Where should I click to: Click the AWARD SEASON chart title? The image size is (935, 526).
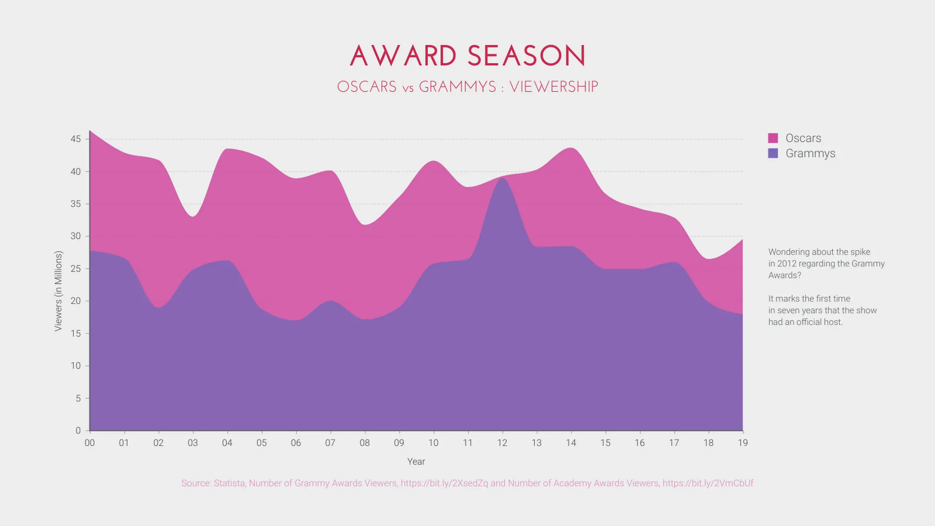(x=467, y=56)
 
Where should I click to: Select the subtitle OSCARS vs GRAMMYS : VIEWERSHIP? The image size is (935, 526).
(x=467, y=87)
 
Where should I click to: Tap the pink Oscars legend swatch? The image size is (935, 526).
(x=773, y=138)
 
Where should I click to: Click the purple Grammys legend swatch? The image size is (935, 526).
(x=773, y=153)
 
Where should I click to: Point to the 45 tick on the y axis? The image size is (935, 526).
(x=76, y=139)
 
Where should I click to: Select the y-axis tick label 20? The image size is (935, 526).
(x=76, y=301)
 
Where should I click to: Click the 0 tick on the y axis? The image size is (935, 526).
(x=78, y=430)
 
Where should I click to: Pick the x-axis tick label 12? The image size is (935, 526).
(x=502, y=443)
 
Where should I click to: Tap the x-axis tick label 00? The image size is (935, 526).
(x=89, y=443)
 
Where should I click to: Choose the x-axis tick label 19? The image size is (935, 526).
(x=743, y=443)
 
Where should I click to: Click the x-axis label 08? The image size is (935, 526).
(x=364, y=443)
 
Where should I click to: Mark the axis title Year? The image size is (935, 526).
(x=416, y=462)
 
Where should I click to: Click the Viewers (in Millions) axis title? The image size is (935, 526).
(x=58, y=291)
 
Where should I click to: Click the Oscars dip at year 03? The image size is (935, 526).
(x=193, y=216)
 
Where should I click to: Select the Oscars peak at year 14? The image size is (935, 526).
(x=571, y=148)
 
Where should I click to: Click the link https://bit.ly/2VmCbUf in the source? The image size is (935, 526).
(x=707, y=483)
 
